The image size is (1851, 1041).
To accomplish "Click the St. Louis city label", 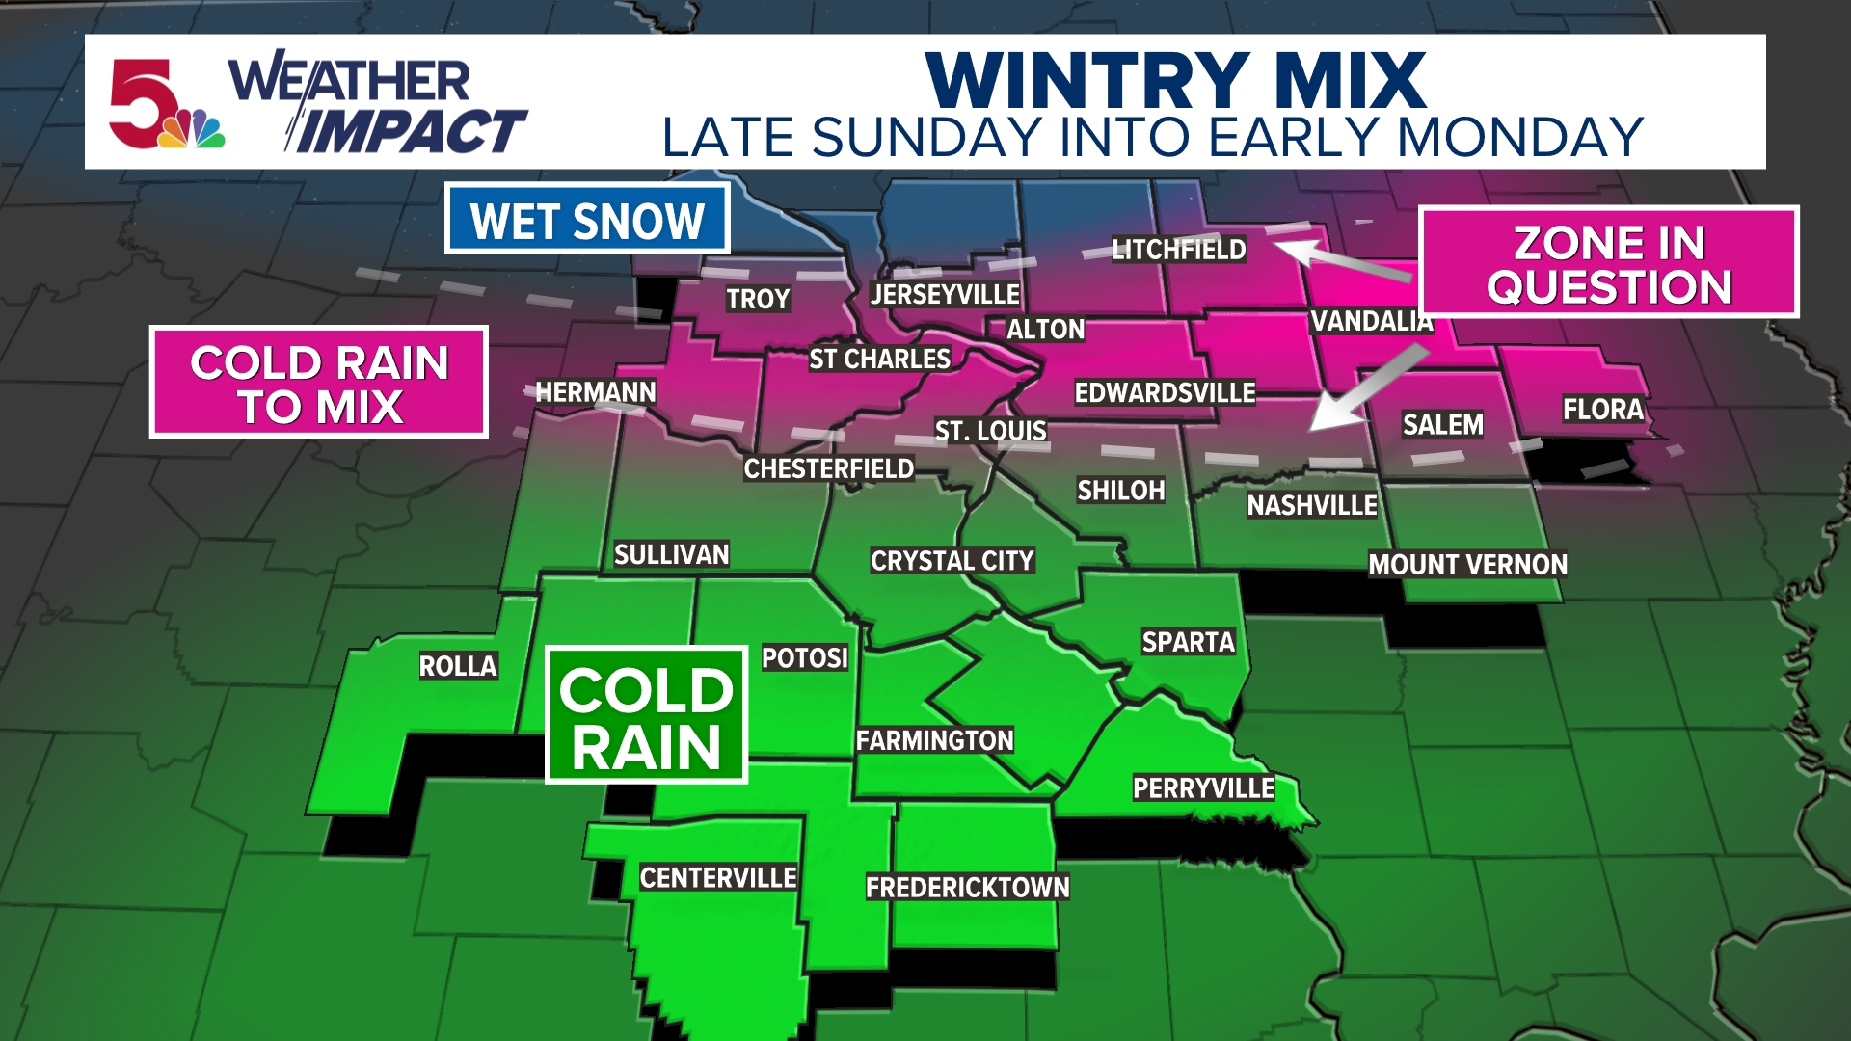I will point(990,431).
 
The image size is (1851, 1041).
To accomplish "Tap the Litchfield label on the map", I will point(1178,250).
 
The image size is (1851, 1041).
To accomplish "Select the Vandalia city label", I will point(1371,321).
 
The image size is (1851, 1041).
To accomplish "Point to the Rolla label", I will point(458,666).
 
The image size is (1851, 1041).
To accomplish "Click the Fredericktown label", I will point(967,888).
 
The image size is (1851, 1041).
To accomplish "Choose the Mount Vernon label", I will point(1467,565).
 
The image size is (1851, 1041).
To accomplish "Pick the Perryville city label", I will point(1203,788).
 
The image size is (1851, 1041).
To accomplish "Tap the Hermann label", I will point(596,392).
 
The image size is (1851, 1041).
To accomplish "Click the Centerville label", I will point(718,878).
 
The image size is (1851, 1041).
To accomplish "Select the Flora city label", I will point(1602,410).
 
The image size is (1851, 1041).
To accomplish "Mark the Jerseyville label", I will point(945,295).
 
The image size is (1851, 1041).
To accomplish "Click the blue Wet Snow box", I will point(587,220).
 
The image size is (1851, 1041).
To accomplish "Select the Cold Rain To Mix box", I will point(319,383).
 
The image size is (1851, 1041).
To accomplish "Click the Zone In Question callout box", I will point(1608,262).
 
